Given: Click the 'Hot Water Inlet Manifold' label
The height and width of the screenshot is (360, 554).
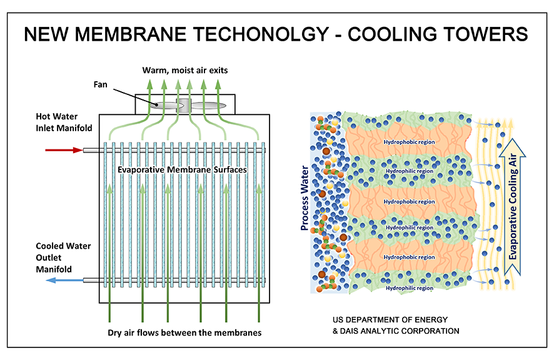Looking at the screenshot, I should point(63,122).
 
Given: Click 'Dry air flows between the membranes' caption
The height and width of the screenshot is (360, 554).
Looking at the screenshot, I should point(184,332).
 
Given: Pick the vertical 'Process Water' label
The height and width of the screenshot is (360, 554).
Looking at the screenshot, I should point(305,199).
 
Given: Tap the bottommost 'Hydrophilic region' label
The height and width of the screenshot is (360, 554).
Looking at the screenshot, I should point(409,288).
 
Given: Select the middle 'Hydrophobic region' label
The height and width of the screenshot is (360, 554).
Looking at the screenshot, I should point(409,201).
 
